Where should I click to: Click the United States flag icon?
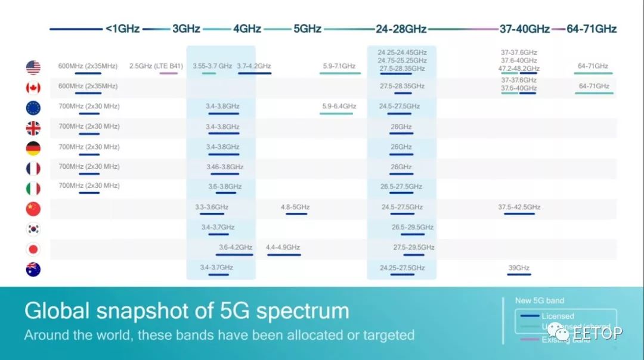tap(33, 67)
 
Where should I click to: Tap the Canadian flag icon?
tap(33, 88)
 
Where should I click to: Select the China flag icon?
tap(33, 209)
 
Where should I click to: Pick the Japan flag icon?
tap(33, 249)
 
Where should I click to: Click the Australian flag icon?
tap(33, 269)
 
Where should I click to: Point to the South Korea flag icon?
tap(33, 229)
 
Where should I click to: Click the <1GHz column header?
tap(122, 29)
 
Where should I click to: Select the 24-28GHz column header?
tap(401, 29)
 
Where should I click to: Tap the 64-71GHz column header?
tap(592, 29)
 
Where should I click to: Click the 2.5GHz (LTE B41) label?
tap(156, 66)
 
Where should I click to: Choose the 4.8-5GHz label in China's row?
tap(295, 207)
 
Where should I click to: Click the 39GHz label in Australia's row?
tap(519, 268)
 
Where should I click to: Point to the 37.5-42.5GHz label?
tap(519, 207)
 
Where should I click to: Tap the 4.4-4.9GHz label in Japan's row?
tap(283, 247)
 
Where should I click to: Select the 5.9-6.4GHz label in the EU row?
tap(339, 107)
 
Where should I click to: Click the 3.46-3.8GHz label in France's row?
tap(225, 167)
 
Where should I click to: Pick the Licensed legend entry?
tap(558, 316)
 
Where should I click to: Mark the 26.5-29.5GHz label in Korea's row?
tap(412, 227)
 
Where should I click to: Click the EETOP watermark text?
tap(597, 332)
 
